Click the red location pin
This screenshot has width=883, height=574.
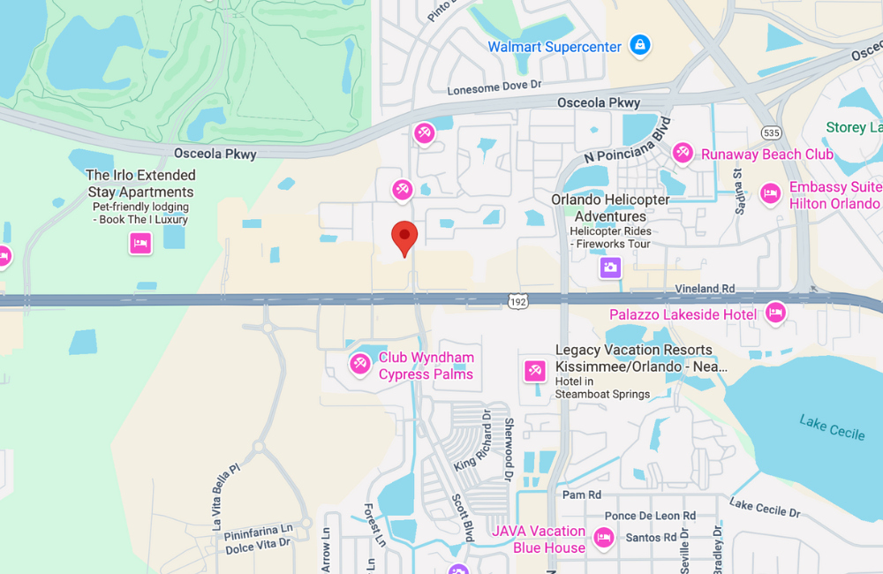pyautogui.click(x=404, y=236)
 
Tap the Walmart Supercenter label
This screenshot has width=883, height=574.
pyautogui.click(x=555, y=47)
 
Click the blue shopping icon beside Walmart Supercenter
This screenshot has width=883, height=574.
pyautogui.click(x=640, y=45)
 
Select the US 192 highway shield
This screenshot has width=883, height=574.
pyautogui.click(x=518, y=302)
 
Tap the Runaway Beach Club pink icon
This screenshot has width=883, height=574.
pyautogui.click(x=683, y=154)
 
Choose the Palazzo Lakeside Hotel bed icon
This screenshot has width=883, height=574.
pyautogui.click(x=775, y=312)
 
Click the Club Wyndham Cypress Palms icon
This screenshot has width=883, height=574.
pyautogui.click(x=360, y=364)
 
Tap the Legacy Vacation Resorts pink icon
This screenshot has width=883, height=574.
pyautogui.click(x=534, y=371)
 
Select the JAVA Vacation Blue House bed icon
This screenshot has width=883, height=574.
pyautogui.click(x=604, y=537)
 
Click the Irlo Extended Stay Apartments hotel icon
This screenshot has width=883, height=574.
pyautogui.click(x=140, y=243)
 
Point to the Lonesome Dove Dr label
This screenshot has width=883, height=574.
pyautogui.click(x=494, y=87)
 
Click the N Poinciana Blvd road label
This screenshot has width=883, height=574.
pyautogui.click(x=628, y=140)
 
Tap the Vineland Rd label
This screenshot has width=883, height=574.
pyautogui.click(x=705, y=289)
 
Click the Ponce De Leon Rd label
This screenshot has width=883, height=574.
pyautogui.click(x=650, y=516)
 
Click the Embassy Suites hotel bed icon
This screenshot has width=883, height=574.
pyautogui.click(x=771, y=194)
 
